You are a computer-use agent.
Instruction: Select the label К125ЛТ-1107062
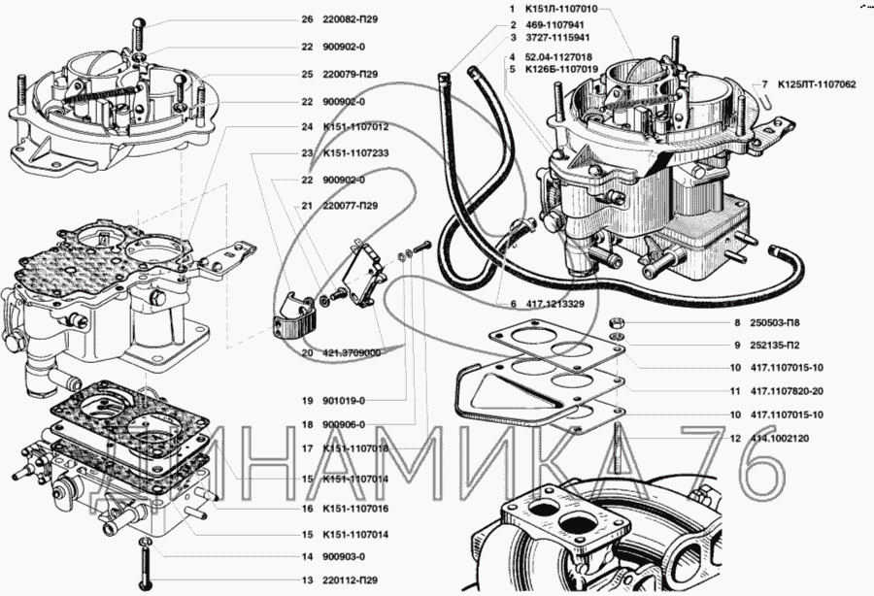click(816, 84)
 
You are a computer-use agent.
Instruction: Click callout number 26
click(307, 19)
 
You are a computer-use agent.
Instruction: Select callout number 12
click(736, 438)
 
